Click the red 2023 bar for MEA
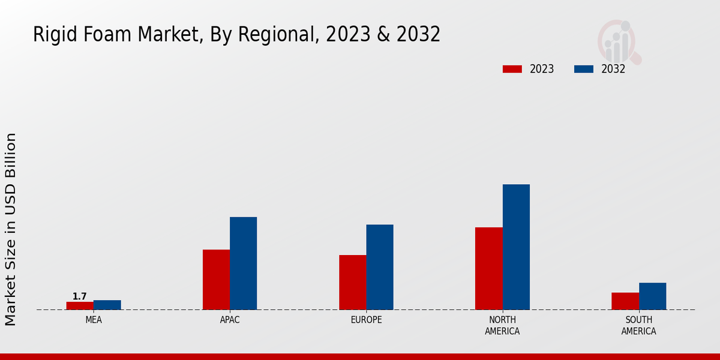pyautogui.click(x=80, y=305)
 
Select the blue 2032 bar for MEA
pyautogui.click(x=107, y=305)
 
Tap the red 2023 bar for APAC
pyautogui.click(x=216, y=280)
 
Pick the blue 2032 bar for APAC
pyautogui.click(x=243, y=263)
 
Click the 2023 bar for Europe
pyautogui.click(x=352, y=282)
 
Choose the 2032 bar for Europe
pyautogui.click(x=380, y=267)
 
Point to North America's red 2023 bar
pyautogui.click(x=488, y=268)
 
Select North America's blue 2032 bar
pyautogui.click(x=516, y=247)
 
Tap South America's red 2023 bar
pyautogui.click(x=625, y=301)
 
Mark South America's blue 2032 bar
pyautogui.click(x=652, y=296)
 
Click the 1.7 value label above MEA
pyautogui.click(x=79, y=296)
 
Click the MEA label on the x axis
pyautogui.click(x=94, y=320)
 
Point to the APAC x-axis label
pyautogui.click(x=230, y=320)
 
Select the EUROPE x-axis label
pyautogui.click(x=366, y=320)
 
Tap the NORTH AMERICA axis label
pyautogui.click(x=502, y=325)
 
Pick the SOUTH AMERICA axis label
pyautogui.click(x=638, y=325)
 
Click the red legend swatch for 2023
pyautogui.click(x=512, y=69)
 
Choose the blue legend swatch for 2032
pyautogui.click(x=583, y=69)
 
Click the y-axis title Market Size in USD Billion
pyautogui.click(x=11, y=229)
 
